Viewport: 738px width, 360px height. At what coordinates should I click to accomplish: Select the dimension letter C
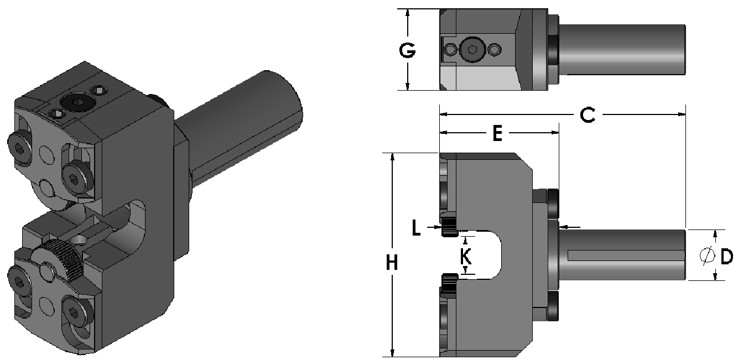587,115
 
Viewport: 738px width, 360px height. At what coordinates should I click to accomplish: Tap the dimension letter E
497,133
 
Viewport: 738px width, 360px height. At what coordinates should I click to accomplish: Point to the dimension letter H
392,264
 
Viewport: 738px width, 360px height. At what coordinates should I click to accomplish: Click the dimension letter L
417,228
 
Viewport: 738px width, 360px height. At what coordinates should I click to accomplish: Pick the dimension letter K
466,255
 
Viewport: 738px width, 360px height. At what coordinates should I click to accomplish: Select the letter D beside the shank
726,255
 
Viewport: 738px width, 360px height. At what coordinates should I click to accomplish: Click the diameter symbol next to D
706,255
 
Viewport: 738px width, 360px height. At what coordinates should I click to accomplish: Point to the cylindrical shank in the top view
622,49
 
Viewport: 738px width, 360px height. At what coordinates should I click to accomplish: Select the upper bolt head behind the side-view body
552,204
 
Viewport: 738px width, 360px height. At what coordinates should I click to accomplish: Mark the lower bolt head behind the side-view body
552,307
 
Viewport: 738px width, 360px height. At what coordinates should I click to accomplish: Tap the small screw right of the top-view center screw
493,50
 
